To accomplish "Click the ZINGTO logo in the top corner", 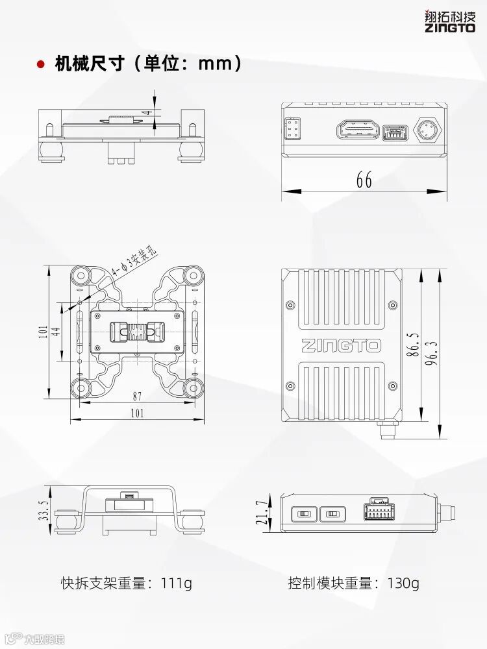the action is tap(450, 21).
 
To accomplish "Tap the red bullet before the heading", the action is tap(41, 64).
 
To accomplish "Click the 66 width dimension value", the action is tap(364, 180).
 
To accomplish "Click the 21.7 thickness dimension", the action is tap(262, 513).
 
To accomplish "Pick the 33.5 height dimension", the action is tap(44, 510).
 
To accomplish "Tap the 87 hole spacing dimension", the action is tap(137, 396).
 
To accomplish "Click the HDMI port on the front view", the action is tap(358, 130).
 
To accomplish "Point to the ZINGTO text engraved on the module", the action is tap(341, 345).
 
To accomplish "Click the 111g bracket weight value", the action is tap(178, 583).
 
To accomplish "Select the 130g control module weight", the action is tap(403, 583).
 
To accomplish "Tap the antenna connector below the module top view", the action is tap(388, 429).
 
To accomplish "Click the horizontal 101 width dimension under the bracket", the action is tap(137, 413).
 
